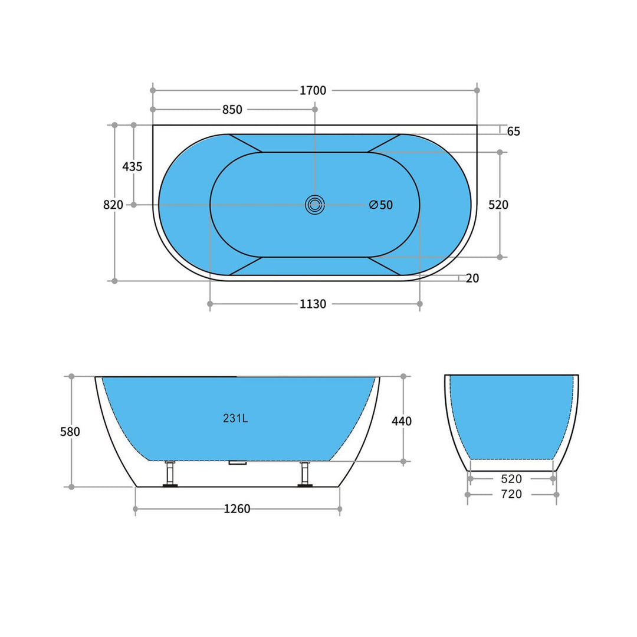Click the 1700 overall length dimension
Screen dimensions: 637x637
pos(313,90)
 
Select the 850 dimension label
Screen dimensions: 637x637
pos(232,110)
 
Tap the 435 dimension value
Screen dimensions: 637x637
pos(132,167)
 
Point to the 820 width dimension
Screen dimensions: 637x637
pos(113,205)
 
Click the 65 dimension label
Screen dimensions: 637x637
pos(514,132)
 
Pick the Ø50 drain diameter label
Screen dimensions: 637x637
pos(381,205)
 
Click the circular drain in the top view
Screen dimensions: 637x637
pos(315,205)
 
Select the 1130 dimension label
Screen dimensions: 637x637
pos(313,304)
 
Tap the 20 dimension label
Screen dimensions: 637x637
pos(472,278)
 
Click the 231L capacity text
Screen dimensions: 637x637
pos(235,419)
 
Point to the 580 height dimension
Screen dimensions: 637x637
pos(70,432)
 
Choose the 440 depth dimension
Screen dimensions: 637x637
pos(402,421)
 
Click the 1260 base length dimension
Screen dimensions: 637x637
pos(237,509)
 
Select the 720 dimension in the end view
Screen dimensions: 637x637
pos(511,494)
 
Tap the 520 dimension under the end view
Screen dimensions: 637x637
pos(511,479)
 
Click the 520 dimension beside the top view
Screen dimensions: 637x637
pos(498,205)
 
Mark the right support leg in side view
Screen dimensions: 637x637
pos(305,474)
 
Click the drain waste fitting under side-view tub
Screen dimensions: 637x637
pos(238,463)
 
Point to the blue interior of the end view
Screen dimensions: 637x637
pos(511,416)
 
